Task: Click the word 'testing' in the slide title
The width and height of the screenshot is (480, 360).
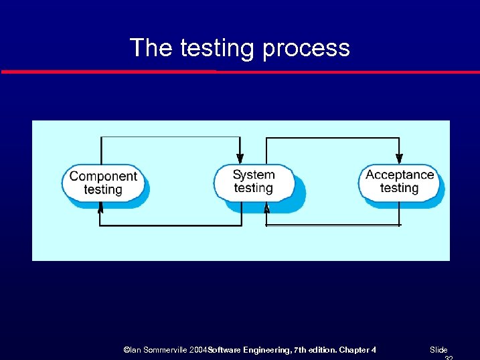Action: tap(218, 48)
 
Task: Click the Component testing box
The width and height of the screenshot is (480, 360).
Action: tap(103, 183)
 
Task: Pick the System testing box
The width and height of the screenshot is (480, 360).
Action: tap(254, 181)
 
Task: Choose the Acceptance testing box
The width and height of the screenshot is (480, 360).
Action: tap(399, 181)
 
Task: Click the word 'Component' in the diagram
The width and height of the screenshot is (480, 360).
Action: tap(103, 176)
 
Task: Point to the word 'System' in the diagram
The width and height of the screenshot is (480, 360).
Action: tap(254, 175)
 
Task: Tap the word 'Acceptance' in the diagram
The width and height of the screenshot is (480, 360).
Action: tap(400, 175)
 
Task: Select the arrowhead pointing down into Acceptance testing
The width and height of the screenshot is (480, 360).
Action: tap(399, 159)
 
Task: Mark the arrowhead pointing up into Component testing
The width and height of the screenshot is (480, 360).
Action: tap(100, 208)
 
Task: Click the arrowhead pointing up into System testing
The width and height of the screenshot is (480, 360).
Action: tap(266, 208)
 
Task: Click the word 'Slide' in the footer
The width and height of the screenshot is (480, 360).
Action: tap(438, 350)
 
